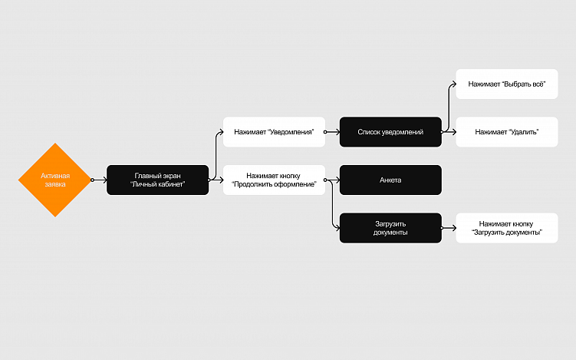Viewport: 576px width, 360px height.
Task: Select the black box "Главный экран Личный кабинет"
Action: coord(157,180)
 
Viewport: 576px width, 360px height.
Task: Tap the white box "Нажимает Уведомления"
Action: coord(274,132)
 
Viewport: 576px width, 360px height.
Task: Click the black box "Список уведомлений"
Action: coord(390,132)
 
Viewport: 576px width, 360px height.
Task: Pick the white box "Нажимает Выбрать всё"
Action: coord(506,84)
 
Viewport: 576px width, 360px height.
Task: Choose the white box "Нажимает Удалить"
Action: coord(506,132)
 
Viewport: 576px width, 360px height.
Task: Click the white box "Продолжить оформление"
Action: coord(274,180)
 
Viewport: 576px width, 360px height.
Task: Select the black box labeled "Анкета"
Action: coord(390,180)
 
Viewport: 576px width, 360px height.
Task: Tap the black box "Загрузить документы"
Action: coord(390,228)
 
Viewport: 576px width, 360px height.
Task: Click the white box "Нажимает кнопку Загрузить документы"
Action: coord(506,228)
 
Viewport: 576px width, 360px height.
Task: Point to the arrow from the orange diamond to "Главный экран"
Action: coord(100,180)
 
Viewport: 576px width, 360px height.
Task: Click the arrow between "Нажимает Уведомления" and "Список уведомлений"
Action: coord(332,132)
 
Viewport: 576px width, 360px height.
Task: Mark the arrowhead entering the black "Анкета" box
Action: coord(337,180)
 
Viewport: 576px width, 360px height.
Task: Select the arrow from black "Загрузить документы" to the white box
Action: coord(449,228)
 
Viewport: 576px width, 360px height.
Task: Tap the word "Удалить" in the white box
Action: coord(523,132)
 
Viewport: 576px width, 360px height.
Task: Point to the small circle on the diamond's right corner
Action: coord(92,180)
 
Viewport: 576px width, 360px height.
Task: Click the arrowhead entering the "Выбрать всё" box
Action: coord(453,84)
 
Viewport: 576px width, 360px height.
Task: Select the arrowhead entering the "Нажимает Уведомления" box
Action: coord(220,132)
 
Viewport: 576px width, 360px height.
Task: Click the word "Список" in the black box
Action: coord(369,132)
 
